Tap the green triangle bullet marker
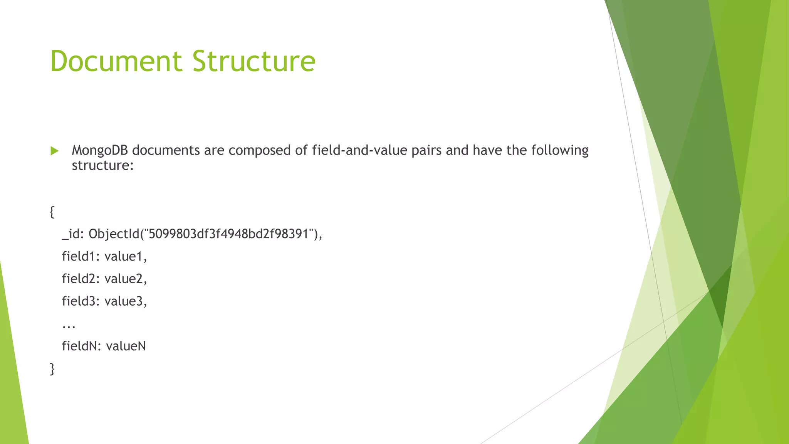tap(55, 151)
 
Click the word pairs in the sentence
tap(426, 150)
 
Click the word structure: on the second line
tap(102, 165)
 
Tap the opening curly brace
tap(52, 212)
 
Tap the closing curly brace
tap(52, 369)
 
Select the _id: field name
tap(73, 234)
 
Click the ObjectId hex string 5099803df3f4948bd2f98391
tap(228, 234)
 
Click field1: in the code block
tap(81, 256)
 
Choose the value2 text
tap(124, 279)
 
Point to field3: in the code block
tap(81, 301)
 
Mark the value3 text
tap(124, 301)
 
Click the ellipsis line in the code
tap(69, 326)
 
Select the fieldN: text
tap(81, 346)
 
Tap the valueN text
tap(126, 346)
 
